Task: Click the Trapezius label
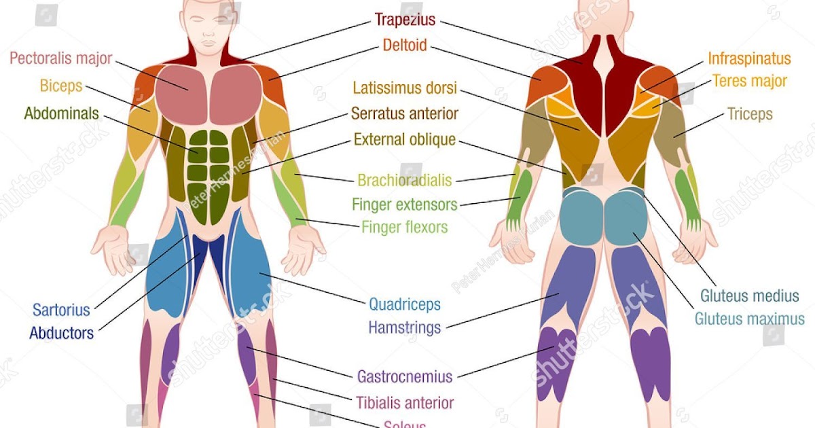click(x=405, y=20)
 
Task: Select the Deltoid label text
click(x=405, y=46)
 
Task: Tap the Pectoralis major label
click(x=60, y=58)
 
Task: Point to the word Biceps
click(x=60, y=86)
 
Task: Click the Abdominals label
click(x=61, y=113)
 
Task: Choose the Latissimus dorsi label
click(x=405, y=88)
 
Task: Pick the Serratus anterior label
click(x=405, y=113)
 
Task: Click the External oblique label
click(x=405, y=140)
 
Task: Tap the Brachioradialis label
click(x=405, y=181)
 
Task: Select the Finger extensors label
click(x=405, y=204)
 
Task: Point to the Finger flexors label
click(x=405, y=226)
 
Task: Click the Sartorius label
click(x=61, y=310)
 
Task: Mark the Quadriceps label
click(x=405, y=304)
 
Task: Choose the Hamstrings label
click(x=405, y=327)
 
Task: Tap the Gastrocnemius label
click(x=405, y=376)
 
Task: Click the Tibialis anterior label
click(x=405, y=403)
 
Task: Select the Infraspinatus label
click(x=749, y=58)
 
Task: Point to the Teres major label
click(x=749, y=82)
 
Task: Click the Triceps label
click(x=750, y=113)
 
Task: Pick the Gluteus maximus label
click(x=749, y=319)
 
